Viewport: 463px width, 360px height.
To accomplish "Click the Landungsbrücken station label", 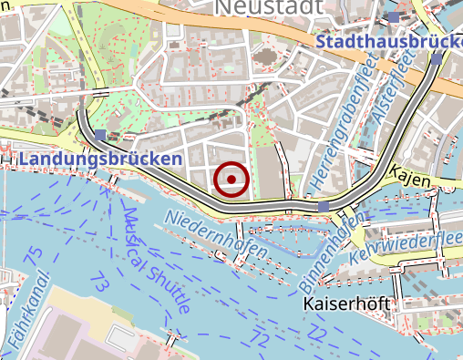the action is pos(99,159).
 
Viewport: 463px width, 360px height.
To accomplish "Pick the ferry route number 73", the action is pos(100,284).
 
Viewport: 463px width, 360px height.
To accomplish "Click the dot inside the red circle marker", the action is pos(232,180).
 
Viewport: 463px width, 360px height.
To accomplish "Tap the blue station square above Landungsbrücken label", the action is pos(99,136).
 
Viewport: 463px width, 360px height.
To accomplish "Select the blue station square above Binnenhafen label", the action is pos(324,208).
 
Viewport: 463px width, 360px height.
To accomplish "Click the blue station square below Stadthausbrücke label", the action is pos(437,59).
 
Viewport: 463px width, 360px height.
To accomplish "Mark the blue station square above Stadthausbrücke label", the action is pos(393,17).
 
